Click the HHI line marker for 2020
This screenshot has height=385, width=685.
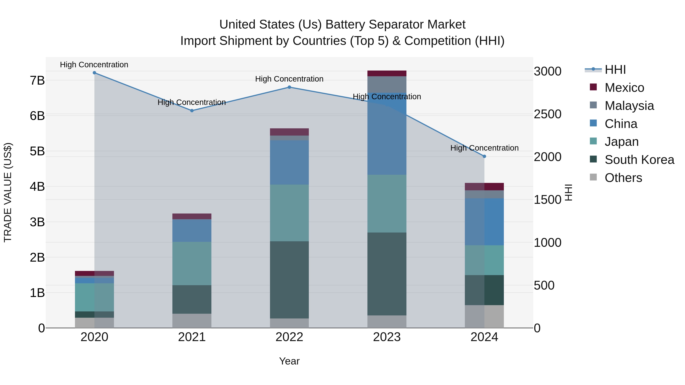pos(94,73)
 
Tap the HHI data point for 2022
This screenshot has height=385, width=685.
pos(289,87)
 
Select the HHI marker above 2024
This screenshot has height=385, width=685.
pos(484,156)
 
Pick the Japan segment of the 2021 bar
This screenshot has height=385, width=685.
pos(192,263)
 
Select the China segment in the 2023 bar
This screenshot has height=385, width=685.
pos(387,134)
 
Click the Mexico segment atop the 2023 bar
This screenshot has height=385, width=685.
pos(387,73)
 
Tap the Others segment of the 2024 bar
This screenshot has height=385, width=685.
pos(484,316)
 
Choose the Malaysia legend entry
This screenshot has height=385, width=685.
pos(629,106)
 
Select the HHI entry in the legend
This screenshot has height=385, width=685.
pos(615,70)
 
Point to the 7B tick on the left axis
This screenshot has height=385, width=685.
pos(37,80)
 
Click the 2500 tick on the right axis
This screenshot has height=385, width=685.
pos(547,114)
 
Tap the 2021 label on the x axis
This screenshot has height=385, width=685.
pos(192,337)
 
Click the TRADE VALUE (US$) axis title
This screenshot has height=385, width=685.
pos(8,192)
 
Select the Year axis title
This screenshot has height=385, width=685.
pos(289,361)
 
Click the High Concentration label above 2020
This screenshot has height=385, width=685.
pos(94,65)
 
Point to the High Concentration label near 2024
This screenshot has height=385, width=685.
pos(484,148)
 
